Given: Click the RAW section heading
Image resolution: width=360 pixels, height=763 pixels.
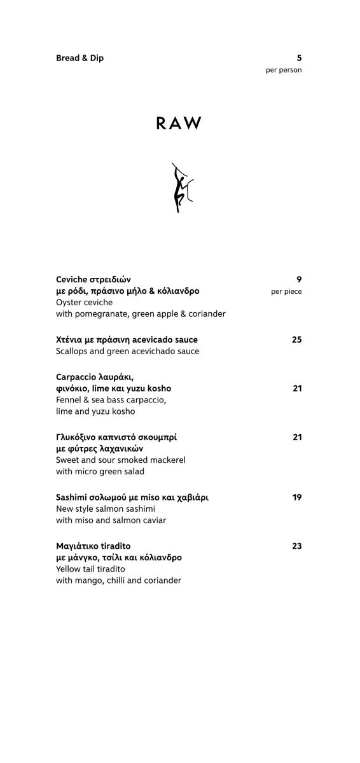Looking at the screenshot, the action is click(179, 123).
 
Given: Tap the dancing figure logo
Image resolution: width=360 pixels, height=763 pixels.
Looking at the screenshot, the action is click(181, 188).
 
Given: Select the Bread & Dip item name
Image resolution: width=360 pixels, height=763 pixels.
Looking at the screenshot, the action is click(80, 58).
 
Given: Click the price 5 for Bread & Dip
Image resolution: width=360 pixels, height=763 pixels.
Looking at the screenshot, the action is click(299, 58).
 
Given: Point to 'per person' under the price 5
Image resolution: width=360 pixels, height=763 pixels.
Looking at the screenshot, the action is click(284, 70).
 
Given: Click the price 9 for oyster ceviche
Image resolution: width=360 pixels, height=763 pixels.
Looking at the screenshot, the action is click(299, 279).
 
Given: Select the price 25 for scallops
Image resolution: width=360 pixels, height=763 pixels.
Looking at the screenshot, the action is click(296, 340).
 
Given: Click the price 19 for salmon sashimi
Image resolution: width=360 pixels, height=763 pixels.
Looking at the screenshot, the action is click(297, 497).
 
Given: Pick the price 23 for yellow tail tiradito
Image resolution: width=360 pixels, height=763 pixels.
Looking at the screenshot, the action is click(296, 546).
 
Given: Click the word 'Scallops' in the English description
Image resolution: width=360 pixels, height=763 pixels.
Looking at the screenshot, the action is click(73, 351).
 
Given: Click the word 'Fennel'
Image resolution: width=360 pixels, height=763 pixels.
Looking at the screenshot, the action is click(69, 400).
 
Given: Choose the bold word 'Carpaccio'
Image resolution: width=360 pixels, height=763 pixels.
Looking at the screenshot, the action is click(77, 376).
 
